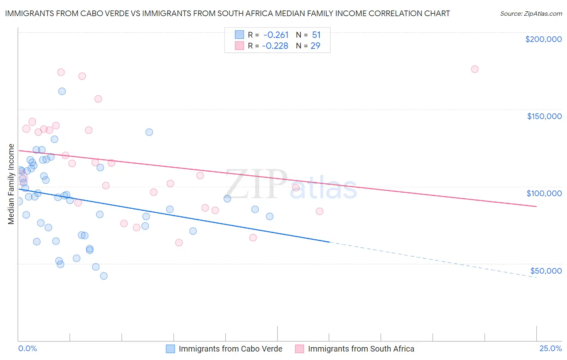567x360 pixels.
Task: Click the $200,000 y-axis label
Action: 543,39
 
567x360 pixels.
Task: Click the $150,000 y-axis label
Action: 544,116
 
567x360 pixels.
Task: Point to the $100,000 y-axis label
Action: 544,193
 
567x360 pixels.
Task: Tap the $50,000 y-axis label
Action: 546,270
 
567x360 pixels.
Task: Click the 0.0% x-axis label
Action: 27,348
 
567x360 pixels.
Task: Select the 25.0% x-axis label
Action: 550,348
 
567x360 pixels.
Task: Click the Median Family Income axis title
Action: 11,184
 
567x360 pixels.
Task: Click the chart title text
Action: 227,13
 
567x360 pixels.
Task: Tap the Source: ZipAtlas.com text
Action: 531,13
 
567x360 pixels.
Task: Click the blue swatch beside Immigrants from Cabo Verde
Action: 171,349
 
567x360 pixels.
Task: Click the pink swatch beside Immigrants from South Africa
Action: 299,349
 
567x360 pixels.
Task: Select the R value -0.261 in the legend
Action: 276,35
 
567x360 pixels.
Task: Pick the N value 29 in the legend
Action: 315,46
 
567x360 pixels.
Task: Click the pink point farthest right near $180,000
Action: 475,69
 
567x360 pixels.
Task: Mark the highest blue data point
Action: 62,91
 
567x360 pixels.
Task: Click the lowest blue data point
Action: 104,276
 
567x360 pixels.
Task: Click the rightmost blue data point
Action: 269,216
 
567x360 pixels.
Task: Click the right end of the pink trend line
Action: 536,206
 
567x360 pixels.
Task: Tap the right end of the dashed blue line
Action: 536,278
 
